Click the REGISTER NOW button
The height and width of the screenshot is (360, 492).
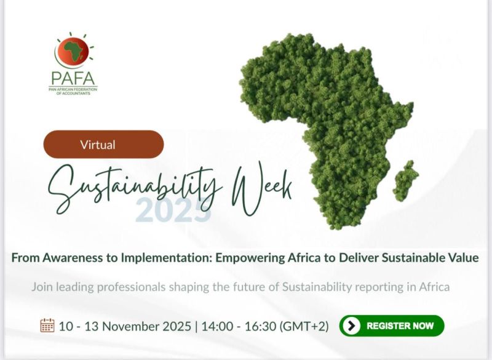tap(391, 326)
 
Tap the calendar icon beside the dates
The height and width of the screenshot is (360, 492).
tap(47, 325)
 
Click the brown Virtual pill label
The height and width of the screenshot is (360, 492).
tap(103, 145)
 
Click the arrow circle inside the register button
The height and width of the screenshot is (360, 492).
tap(351, 326)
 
